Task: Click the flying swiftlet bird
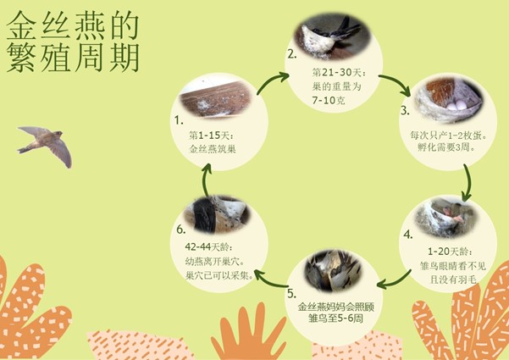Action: [46, 146]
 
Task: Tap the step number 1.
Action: [179, 120]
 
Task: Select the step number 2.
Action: [292, 54]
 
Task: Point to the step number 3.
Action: [405, 111]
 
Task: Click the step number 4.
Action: [408, 235]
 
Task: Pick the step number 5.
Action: [291, 293]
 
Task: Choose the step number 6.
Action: [180, 230]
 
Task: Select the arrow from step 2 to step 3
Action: [397, 83]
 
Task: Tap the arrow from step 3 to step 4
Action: [468, 182]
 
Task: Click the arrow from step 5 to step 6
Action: [270, 280]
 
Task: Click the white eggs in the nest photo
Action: [456, 105]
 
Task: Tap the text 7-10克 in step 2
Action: [328, 100]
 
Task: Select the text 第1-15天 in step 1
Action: [211, 135]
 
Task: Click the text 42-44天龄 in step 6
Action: [208, 247]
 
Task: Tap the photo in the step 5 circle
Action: [333, 271]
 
